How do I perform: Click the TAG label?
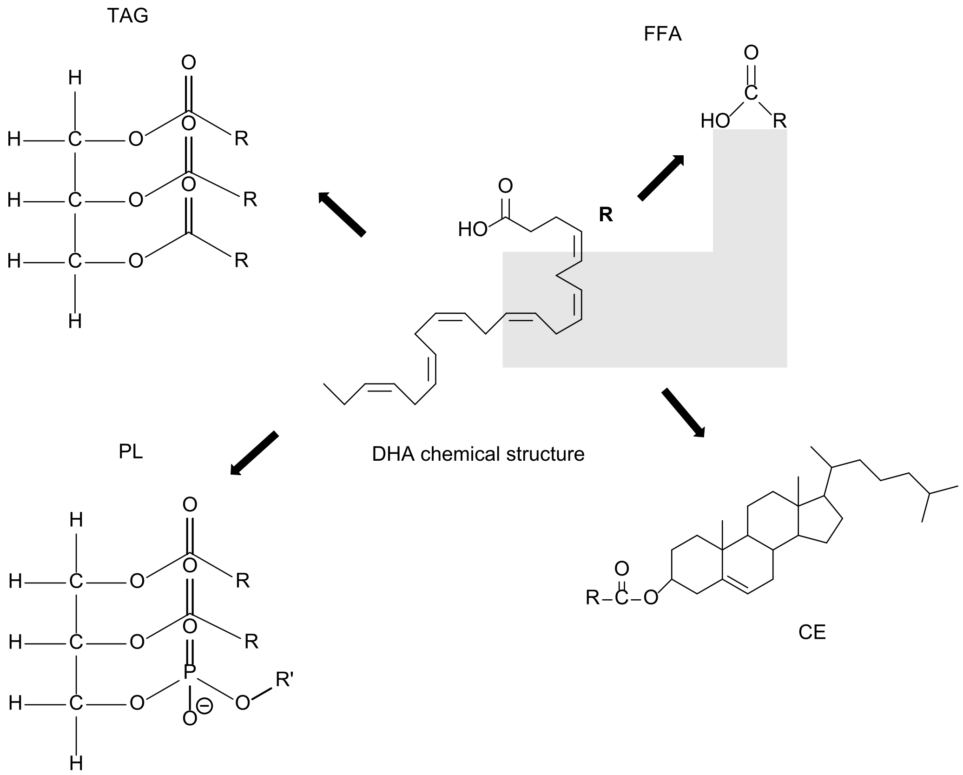127,16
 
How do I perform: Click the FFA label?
662,34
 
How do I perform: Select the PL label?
131,451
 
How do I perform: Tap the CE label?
812,632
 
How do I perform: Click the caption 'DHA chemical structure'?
478,454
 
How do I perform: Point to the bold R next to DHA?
606,215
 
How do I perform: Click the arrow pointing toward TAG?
342,215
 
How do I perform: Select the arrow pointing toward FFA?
661,178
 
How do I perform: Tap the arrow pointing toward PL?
255,453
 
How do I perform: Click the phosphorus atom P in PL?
189,672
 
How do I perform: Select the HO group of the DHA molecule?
472,229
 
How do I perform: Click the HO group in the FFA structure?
715,121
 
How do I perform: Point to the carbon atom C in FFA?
751,93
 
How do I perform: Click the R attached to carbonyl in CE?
593,597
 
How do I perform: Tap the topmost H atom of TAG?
75,78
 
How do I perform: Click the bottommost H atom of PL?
76,763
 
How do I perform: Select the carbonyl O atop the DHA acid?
505,186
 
